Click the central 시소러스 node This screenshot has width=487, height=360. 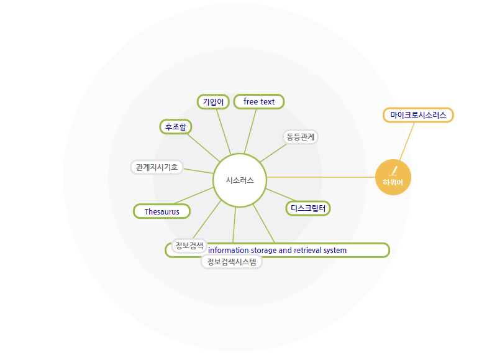(240, 180)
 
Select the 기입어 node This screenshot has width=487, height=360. (214, 101)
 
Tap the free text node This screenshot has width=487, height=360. (259, 101)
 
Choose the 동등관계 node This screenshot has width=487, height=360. (301, 136)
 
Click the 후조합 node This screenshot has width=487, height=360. (176, 127)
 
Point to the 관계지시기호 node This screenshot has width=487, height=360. (157, 167)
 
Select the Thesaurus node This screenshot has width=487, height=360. (162, 211)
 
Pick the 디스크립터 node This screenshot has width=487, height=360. (308, 208)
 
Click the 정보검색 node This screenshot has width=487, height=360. (189, 245)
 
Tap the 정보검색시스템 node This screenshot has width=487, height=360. (232, 262)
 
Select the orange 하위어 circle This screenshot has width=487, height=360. (393, 177)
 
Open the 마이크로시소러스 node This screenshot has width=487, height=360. (418, 115)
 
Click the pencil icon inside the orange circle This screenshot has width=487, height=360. (393, 170)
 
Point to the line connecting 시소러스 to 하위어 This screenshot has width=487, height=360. (320, 177)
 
